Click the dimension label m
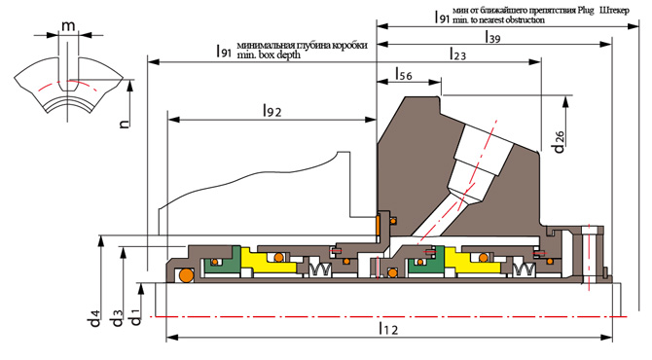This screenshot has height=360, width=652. click(x=69, y=25)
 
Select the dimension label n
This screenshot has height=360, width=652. click(x=125, y=123)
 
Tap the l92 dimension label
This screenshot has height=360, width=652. click(x=272, y=111)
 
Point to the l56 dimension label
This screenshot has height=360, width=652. click(x=403, y=74)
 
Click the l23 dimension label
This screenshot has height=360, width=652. click(x=457, y=54)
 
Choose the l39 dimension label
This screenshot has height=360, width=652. click(x=492, y=37)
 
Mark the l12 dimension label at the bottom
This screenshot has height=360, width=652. click(x=388, y=329)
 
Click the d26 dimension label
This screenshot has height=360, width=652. click(x=559, y=142)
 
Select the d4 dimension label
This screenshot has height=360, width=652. click(x=94, y=318)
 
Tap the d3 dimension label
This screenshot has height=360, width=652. click(x=117, y=318)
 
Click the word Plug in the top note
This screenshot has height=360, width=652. click(x=586, y=11)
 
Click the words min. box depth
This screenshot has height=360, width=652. click(x=269, y=54)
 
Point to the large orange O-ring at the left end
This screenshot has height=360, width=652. click(x=186, y=274)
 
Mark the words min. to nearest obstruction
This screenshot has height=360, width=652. click(x=498, y=20)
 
